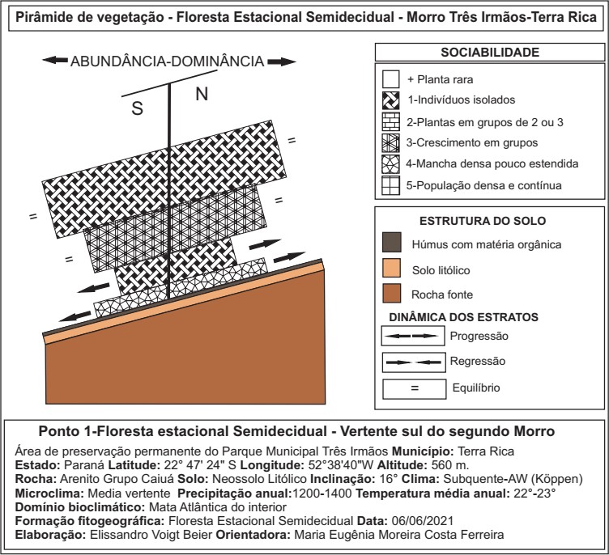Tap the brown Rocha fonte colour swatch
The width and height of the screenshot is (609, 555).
pos(392,294)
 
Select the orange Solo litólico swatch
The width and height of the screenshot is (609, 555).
pos(392,269)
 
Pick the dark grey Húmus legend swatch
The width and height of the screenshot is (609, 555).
pos(392,243)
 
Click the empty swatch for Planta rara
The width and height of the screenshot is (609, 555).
pos(392,79)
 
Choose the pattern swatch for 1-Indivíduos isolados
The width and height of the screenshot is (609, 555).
pos(392,100)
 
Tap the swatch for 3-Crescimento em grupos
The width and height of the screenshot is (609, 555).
pos(392,143)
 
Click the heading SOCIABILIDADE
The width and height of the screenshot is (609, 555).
pos(489,53)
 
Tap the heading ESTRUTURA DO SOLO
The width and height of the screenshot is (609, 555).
pos(489,220)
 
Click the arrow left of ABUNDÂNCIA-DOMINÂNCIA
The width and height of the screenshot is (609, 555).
pos(55,61)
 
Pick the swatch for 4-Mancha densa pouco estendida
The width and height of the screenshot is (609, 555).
pos(392,164)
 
